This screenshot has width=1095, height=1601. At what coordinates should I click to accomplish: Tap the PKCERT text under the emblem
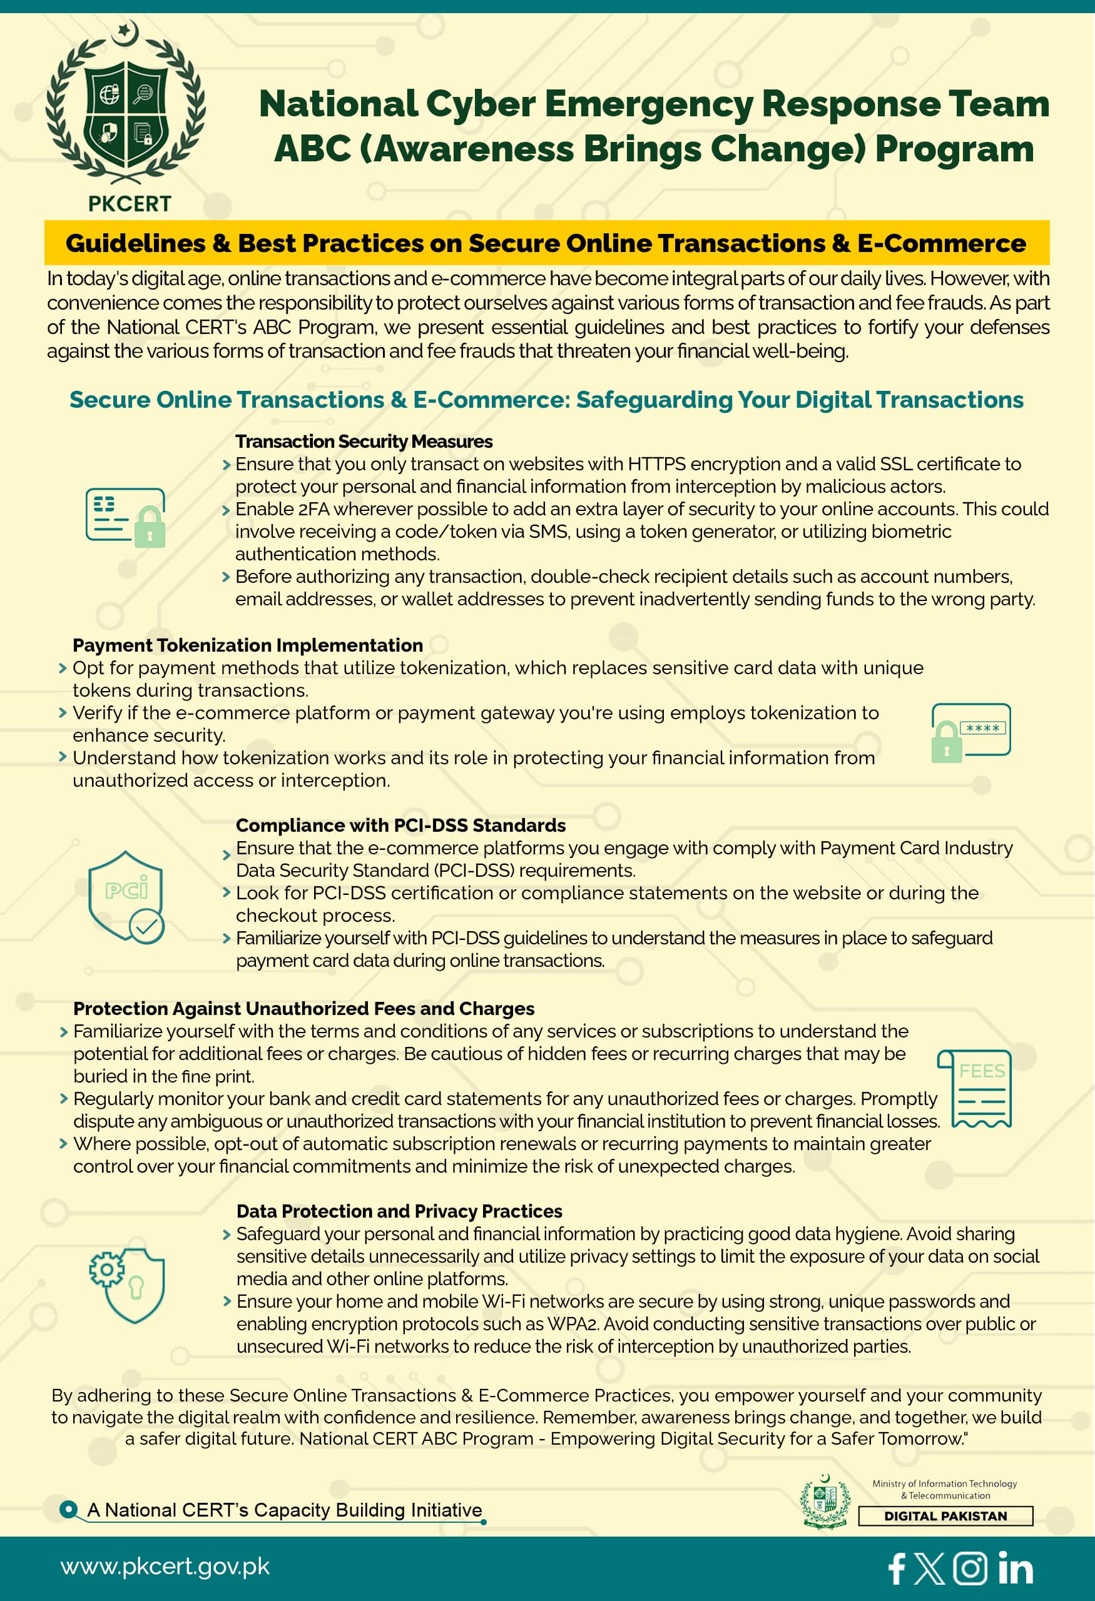coord(130,204)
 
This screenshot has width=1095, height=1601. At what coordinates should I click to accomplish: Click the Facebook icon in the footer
coord(897,1568)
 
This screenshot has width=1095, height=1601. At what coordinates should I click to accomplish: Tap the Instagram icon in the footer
coord(970,1568)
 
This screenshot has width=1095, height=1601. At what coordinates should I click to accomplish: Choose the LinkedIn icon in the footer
coord(1015,1568)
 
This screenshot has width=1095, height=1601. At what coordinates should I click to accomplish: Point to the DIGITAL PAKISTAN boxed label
coord(945,1515)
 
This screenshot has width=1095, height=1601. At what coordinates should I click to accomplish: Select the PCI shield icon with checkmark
coord(126,897)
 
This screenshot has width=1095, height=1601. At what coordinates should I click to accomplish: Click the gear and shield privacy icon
coord(128,1285)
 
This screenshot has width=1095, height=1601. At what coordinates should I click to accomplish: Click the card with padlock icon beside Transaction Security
coord(125,517)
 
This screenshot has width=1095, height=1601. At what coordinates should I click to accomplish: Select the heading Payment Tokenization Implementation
coord(248,645)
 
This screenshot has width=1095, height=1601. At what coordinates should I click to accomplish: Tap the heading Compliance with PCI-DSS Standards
coord(400,826)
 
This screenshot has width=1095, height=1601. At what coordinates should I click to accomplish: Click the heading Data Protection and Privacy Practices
coord(399,1211)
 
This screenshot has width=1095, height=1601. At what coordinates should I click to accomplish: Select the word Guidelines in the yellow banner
coord(136,243)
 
